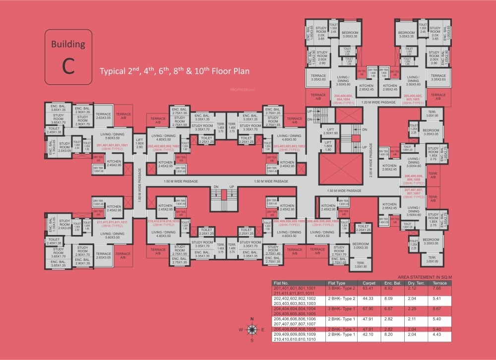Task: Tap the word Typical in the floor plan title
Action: click(114, 71)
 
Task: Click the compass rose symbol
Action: click(251, 329)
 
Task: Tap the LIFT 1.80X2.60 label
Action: click(139, 144)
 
